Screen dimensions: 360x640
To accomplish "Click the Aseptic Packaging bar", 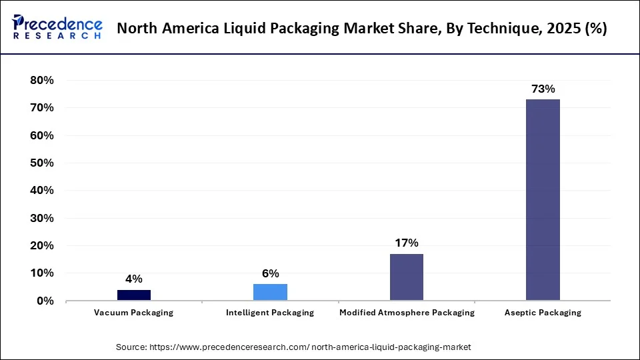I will (x=543, y=200).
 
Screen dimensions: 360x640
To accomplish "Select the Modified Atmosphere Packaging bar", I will (x=407, y=277).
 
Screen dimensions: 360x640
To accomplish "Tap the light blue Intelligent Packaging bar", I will (x=270, y=293).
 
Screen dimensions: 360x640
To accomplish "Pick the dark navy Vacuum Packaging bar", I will (x=134, y=295).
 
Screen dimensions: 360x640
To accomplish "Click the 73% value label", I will (x=543, y=89).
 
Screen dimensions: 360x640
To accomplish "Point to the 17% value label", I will (x=407, y=243).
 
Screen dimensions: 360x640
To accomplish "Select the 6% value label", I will (x=270, y=273).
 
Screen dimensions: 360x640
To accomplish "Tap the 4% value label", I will (x=134, y=279).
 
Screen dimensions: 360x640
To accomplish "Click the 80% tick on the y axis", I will (x=41, y=80).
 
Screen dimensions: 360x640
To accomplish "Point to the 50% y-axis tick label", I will (x=41, y=163).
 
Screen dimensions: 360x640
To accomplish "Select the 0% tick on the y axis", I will (x=44, y=301).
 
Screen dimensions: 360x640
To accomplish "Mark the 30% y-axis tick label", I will (x=41, y=218).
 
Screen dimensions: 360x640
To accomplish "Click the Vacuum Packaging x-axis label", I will (x=134, y=313).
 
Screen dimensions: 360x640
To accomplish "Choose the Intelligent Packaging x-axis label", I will (x=270, y=313).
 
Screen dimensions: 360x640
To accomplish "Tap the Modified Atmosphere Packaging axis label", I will (x=407, y=313).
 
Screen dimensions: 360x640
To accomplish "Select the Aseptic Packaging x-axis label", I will (x=543, y=313).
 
